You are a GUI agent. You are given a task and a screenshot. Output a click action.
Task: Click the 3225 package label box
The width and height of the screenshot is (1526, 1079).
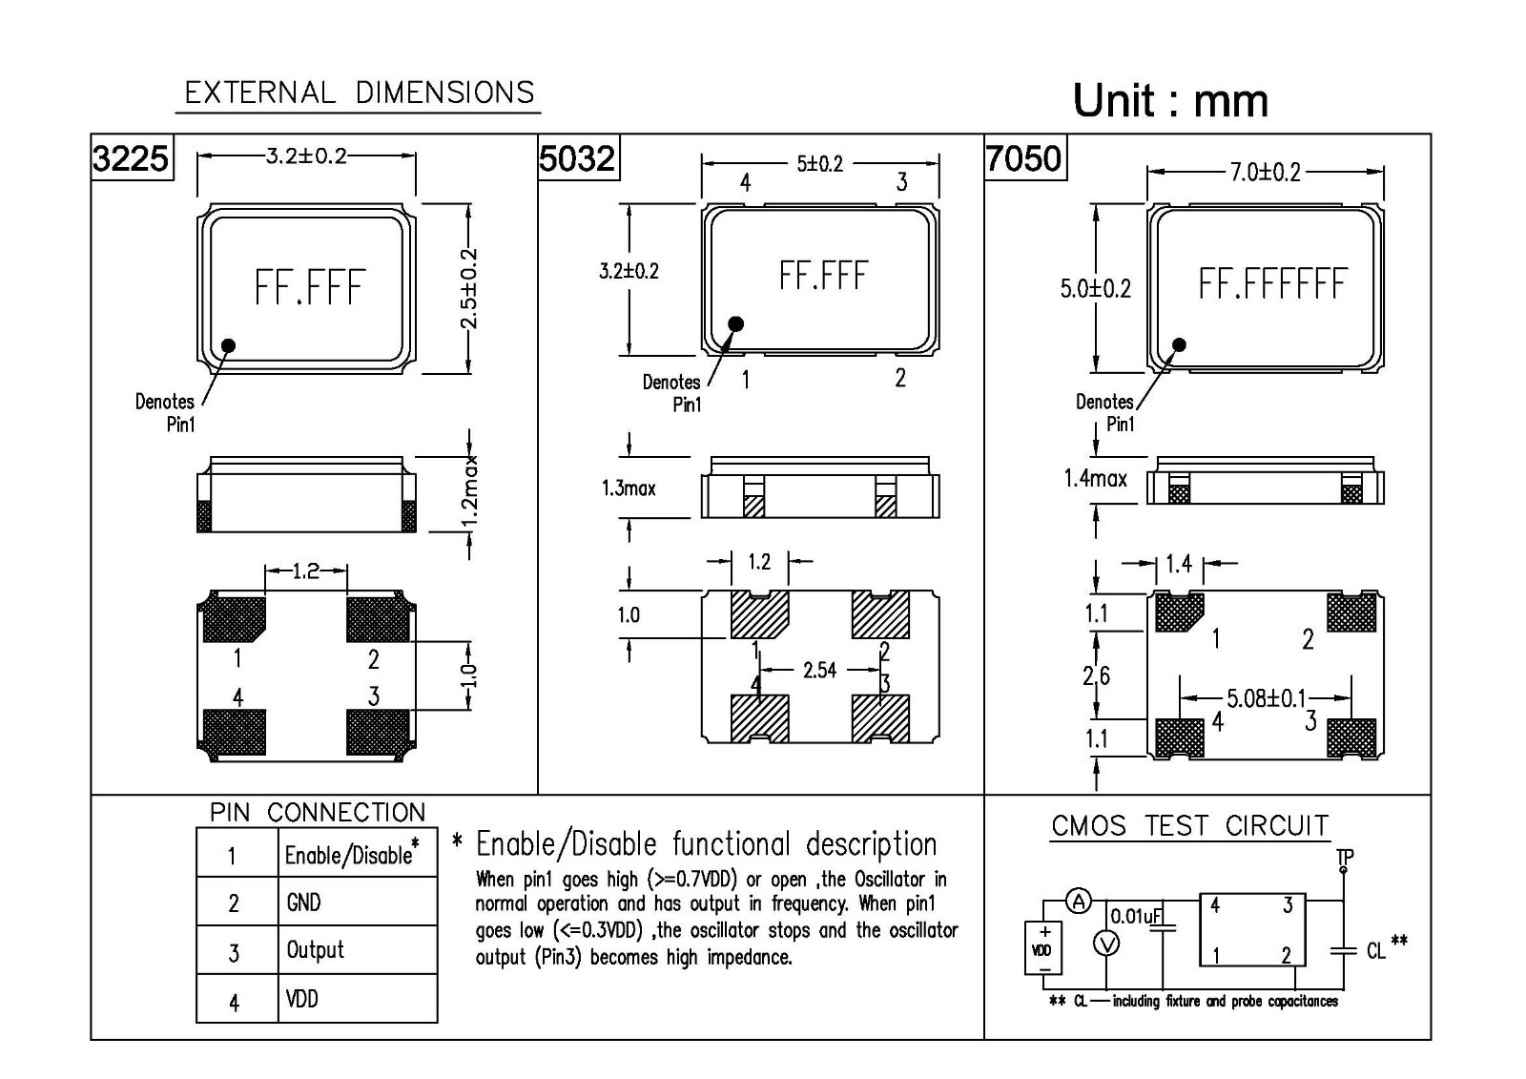pos(132,156)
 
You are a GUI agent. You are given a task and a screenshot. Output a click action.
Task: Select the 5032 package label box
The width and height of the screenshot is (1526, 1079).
pos(577,156)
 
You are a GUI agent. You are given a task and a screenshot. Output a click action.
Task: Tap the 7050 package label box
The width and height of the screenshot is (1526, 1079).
pos(1023,156)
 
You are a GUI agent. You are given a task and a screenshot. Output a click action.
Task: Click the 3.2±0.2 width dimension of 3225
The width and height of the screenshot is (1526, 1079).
pos(305,156)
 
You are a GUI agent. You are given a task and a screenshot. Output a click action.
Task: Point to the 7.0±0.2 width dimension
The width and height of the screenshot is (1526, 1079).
pos(1265,172)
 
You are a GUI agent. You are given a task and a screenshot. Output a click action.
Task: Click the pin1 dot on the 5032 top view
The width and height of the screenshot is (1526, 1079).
pos(735,324)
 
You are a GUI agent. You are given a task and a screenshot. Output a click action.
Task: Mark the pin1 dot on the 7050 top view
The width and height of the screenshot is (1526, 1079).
pos(1180,345)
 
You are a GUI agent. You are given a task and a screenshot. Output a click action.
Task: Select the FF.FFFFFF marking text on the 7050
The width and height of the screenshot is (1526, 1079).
pos(1272,284)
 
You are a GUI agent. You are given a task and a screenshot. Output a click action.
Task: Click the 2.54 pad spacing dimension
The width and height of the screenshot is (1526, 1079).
pos(819,670)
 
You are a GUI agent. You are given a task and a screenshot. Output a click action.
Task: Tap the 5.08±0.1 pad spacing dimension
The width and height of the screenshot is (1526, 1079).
pos(1266,698)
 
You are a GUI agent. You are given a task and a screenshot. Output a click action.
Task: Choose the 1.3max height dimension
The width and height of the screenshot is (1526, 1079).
pos(629,488)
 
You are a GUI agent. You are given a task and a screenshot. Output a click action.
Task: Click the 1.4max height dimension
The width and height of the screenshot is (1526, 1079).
pos(1095,478)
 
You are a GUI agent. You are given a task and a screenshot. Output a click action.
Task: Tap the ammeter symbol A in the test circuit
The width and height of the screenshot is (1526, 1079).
pos(1078,901)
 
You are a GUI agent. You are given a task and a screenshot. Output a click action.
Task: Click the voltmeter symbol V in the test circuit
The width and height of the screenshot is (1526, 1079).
pos(1105,944)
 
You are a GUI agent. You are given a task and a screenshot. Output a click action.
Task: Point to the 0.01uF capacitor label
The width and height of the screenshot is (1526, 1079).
pos(1135,916)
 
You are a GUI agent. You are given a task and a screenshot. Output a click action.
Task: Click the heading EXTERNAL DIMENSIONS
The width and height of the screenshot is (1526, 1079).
pos(359,93)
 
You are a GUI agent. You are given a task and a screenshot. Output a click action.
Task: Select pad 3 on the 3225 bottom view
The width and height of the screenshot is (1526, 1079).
pos(378,730)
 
